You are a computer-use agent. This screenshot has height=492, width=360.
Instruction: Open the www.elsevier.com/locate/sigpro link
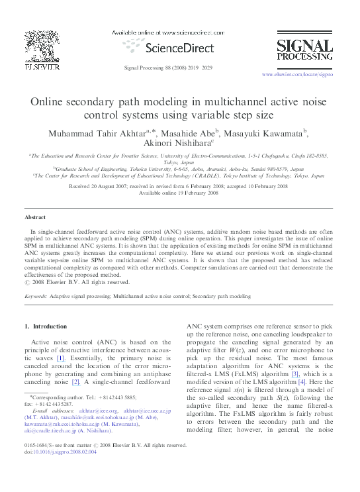(x=298, y=75)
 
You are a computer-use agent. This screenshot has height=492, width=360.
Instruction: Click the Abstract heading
(x=35, y=217)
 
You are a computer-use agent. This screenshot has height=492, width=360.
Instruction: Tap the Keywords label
(x=36, y=298)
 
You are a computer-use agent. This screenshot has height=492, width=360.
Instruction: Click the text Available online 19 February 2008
(x=179, y=193)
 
